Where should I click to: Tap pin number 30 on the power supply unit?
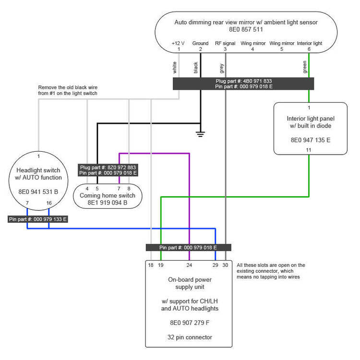[225, 265]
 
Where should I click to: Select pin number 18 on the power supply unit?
[151, 265]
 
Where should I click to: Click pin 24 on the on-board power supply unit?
[189, 265]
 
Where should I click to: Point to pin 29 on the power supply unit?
[215, 265]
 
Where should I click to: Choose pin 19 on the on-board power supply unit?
[161, 265]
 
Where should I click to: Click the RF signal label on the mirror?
[225, 43]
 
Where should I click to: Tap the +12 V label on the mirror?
[178, 43]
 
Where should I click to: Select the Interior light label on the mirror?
[309, 43]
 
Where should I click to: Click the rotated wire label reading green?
[305, 68]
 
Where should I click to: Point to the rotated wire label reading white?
[175, 68]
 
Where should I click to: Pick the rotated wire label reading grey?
[222, 68]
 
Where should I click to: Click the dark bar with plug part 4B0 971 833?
[243, 84]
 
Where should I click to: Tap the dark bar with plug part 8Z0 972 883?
[108, 170]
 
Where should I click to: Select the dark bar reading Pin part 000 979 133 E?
[38, 219]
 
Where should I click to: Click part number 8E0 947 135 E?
[310, 140]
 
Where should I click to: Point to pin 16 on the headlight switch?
[49, 204]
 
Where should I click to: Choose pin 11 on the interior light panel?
[309, 150]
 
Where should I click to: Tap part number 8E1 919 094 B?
[108, 203]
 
